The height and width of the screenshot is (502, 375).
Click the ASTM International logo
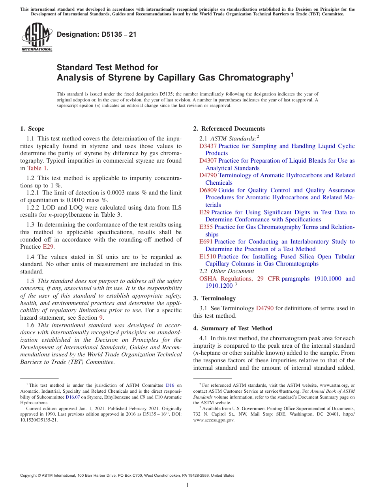tap(36, 37)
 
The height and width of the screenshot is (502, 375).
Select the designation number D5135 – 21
tap(97, 34)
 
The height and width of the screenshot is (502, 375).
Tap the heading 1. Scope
tap(32, 129)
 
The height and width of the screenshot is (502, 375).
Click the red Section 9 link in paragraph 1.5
tap(101, 318)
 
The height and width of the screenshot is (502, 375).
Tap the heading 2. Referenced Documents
tap(229, 129)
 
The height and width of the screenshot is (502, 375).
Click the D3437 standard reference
tap(208, 146)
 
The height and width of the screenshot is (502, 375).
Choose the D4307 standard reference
tap(208, 161)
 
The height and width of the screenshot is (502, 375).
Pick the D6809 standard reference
tap(208, 190)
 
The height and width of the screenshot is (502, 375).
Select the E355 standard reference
tap(206, 227)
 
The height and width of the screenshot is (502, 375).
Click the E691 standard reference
tap(206, 242)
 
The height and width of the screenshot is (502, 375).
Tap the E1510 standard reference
tap(208, 257)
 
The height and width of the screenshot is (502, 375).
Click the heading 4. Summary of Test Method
tap(232, 328)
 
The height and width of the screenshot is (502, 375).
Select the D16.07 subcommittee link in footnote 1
tap(72, 397)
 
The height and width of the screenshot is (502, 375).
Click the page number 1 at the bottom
tap(187, 485)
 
